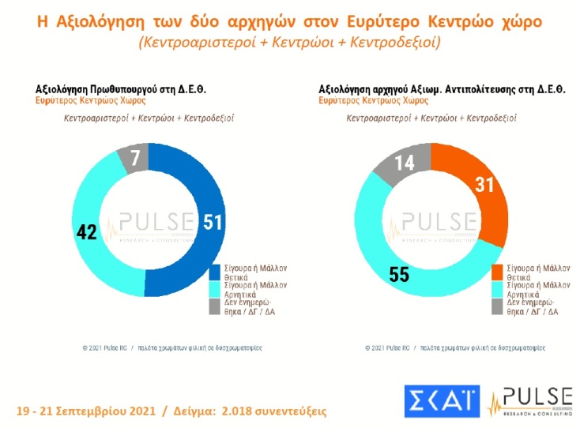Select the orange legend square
(x=498, y=272)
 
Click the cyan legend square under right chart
(x=498, y=290)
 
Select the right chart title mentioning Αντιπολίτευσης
(x=442, y=89)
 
